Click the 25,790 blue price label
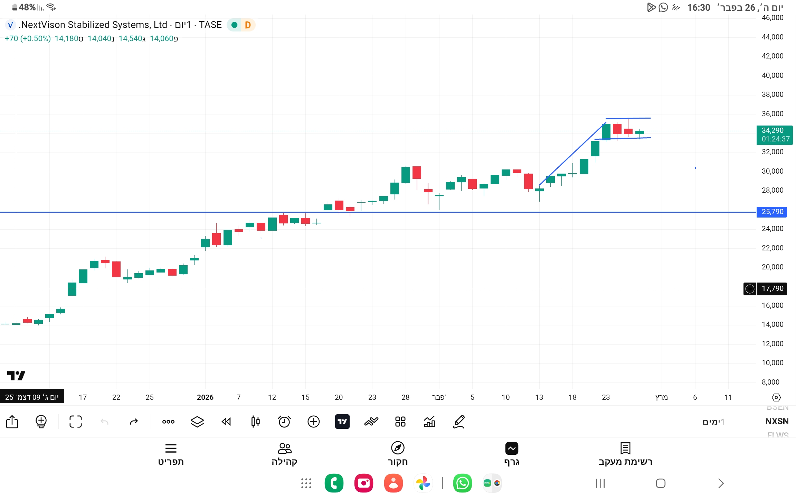[x=772, y=212]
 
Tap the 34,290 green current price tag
[x=774, y=135]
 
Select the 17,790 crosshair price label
[x=772, y=288]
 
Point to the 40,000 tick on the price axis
[x=772, y=75]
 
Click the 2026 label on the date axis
[x=205, y=397]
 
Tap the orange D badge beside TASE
[x=247, y=25]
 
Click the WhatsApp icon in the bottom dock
[x=462, y=483]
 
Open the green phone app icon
[x=334, y=483]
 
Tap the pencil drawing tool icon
[x=459, y=422]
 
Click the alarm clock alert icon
[x=284, y=422]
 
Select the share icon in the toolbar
[x=12, y=422]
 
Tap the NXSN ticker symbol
[x=777, y=421]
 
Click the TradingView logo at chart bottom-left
[x=16, y=376]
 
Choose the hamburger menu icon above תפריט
[x=171, y=448]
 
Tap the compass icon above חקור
[x=398, y=448]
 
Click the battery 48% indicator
[x=24, y=7]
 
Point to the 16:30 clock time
[x=698, y=8]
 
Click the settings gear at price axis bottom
[x=776, y=397]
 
